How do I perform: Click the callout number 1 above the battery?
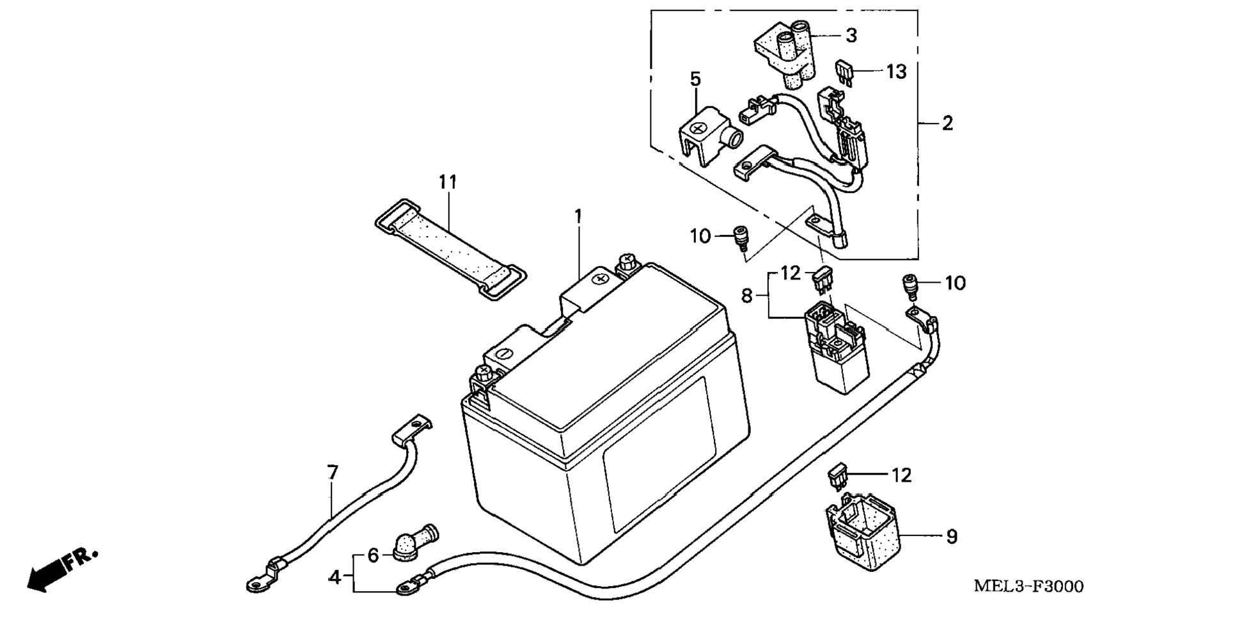pos(578,216)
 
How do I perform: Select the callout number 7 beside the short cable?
pos(332,473)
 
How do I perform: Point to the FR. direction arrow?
pos(63,569)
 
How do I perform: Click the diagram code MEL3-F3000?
pos(1028,586)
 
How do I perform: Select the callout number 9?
pos(952,537)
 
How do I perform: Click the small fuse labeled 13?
pos(844,72)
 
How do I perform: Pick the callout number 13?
pos(896,72)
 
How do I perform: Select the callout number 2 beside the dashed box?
pos(947,123)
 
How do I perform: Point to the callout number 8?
pos(747,296)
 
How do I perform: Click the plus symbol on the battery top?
pos(600,279)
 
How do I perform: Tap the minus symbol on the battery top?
pos(503,353)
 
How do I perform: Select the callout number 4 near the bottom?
pos(335,577)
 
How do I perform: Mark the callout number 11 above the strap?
pos(448,182)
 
